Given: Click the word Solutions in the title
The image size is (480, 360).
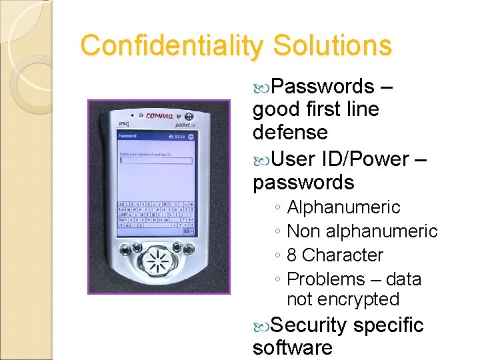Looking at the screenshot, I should pos(331,45).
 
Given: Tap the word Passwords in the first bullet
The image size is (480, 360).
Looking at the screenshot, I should pos(323,87).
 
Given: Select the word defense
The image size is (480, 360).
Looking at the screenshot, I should pos(290,132).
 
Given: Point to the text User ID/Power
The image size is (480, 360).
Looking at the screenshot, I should pos(340,159).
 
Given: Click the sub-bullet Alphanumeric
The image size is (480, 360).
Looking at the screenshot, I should pos(343,207).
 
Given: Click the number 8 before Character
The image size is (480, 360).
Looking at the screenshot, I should pos(292,255).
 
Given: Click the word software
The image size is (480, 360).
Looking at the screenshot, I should pos(293,348).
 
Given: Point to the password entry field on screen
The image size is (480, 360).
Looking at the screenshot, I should pos(155,160).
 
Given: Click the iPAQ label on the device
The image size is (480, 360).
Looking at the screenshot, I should pos(123,124).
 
